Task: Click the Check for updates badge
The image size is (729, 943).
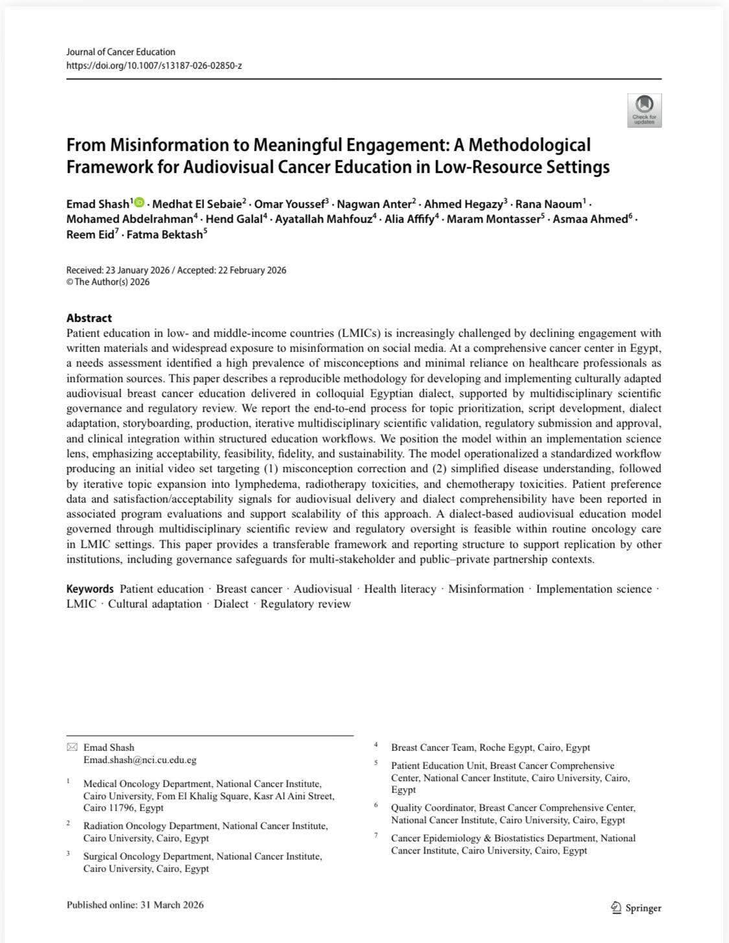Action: [x=644, y=110]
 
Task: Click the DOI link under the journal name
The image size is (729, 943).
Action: [x=154, y=65]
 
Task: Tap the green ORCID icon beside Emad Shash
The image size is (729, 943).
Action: [x=139, y=203]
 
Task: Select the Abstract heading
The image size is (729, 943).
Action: [x=89, y=318]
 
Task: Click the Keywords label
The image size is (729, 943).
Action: [x=89, y=589]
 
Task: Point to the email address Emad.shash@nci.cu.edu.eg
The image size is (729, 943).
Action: [x=140, y=760]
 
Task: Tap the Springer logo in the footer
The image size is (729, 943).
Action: [x=636, y=908]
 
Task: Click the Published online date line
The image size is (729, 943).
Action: [x=135, y=905]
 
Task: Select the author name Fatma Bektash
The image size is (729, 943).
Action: [x=165, y=234]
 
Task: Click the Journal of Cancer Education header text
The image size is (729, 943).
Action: [x=121, y=52]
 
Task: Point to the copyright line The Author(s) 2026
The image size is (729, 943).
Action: [x=108, y=282]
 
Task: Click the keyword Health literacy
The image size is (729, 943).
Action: [x=400, y=589]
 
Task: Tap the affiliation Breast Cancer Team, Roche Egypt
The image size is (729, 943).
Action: [x=491, y=747]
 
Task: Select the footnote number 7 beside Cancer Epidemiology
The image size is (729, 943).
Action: [x=376, y=835]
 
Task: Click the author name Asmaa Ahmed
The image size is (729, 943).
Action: [x=588, y=219]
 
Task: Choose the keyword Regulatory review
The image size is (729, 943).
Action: [x=305, y=604]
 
